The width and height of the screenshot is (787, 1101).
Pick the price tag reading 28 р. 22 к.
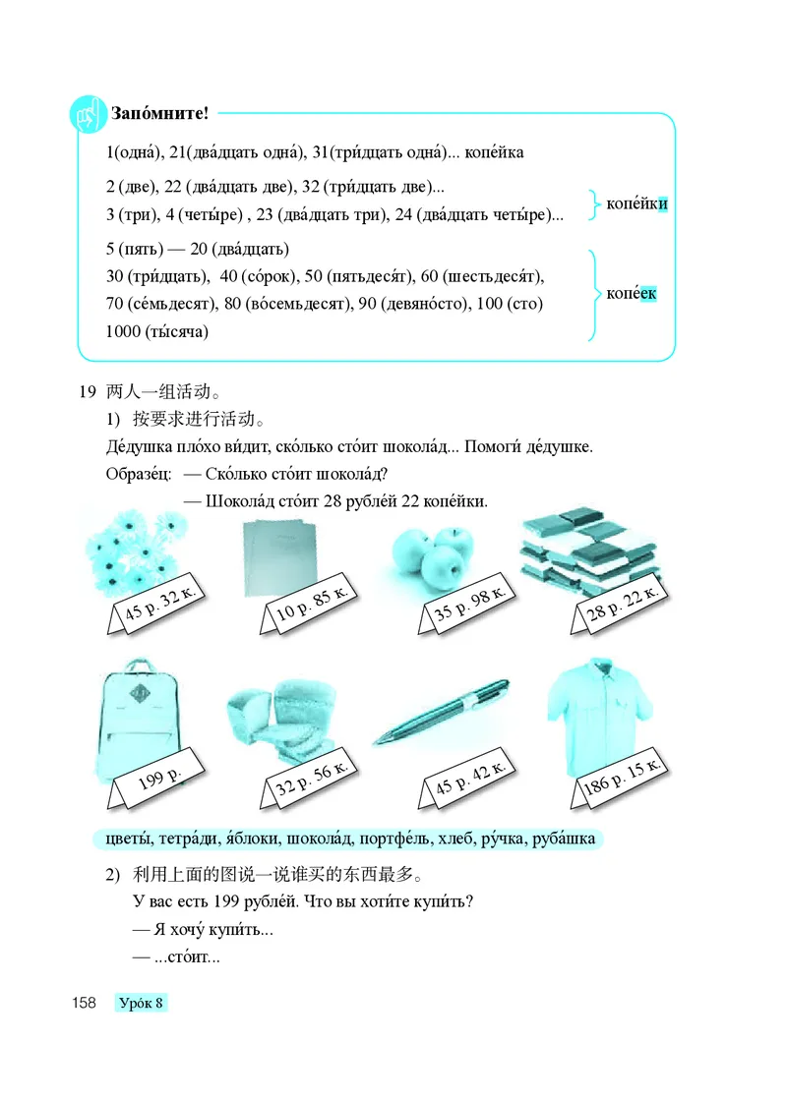pyautogui.click(x=622, y=607)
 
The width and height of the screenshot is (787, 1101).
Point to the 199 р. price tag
pyautogui.click(x=161, y=782)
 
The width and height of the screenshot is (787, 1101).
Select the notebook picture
pyautogui.click(x=279, y=556)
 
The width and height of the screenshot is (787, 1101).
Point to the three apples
pyautogui.click(x=430, y=553)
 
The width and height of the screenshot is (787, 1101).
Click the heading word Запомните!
pyautogui.click(x=161, y=113)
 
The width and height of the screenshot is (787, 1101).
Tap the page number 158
pyautogui.click(x=82, y=1003)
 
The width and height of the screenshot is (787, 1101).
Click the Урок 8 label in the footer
pyautogui.click(x=140, y=1003)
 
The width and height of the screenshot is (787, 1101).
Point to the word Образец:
pyautogui.click(x=138, y=474)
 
